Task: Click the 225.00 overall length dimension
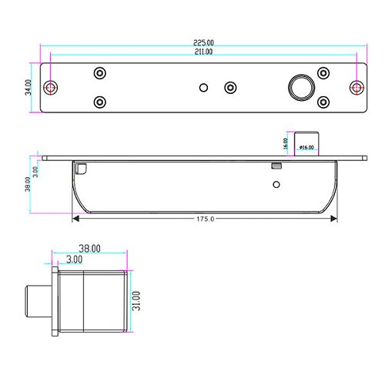(x=203, y=42)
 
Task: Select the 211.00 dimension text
(x=203, y=52)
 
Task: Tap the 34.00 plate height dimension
(x=28, y=87)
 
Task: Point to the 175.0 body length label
(x=205, y=219)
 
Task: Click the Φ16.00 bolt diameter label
(x=306, y=147)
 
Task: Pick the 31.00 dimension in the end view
(x=136, y=301)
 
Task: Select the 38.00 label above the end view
(x=89, y=249)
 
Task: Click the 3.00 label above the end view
(x=75, y=259)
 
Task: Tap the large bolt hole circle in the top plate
(x=301, y=88)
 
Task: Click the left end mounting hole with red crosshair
(x=51, y=88)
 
